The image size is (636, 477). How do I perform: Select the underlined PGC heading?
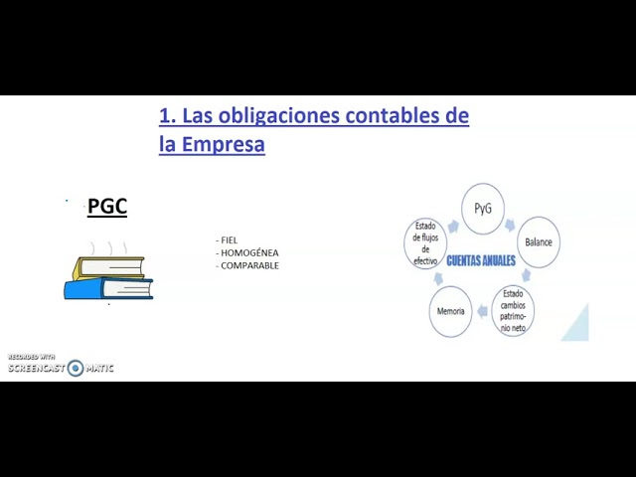pyautogui.click(x=107, y=207)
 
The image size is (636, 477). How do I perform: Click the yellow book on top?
pyautogui.click(x=108, y=267)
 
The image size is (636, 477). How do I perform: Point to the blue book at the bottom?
pyautogui.click(x=108, y=288)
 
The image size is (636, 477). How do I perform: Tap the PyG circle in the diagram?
pyautogui.click(x=483, y=209)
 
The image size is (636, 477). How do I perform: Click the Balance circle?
pyautogui.click(x=539, y=242)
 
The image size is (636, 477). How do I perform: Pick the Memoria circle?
pyautogui.click(x=450, y=311)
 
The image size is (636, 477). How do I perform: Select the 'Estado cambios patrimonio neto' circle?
pyautogui.click(x=513, y=311)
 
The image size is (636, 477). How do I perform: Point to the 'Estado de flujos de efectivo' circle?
pyautogui.click(x=425, y=243)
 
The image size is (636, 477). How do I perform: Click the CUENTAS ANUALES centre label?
pyautogui.click(x=481, y=260)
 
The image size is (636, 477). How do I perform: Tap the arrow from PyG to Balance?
pyautogui.click(x=510, y=225)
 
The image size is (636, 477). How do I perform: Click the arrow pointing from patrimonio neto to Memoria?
pyautogui.click(x=482, y=311)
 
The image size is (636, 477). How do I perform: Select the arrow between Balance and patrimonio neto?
pyautogui.click(x=526, y=275)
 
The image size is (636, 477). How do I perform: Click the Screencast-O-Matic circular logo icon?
pyautogui.click(x=76, y=368)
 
